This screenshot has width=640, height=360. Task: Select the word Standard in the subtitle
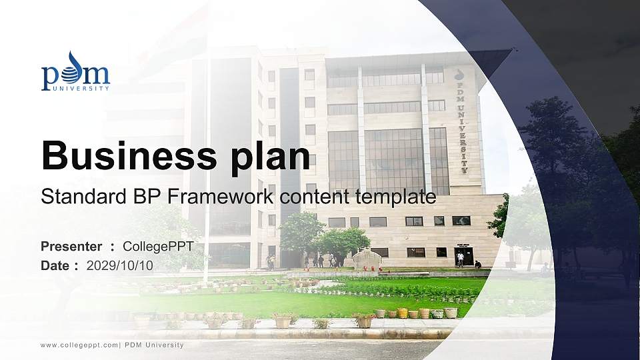(74, 197)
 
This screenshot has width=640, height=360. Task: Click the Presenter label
(71, 247)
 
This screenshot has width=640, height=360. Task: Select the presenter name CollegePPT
(158, 247)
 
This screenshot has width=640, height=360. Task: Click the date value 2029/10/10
(120, 265)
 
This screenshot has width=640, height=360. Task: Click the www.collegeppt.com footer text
(79, 345)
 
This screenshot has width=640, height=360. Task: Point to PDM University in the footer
(154, 345)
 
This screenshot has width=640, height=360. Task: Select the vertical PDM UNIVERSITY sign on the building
(459, 120)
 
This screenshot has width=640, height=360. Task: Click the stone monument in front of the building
(366, 259)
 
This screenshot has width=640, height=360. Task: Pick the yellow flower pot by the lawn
(402, 313)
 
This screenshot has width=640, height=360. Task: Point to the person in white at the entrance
(460, 259)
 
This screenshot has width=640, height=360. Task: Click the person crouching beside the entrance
(477, 265)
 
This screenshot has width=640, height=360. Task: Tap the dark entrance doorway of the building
(465, 255)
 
